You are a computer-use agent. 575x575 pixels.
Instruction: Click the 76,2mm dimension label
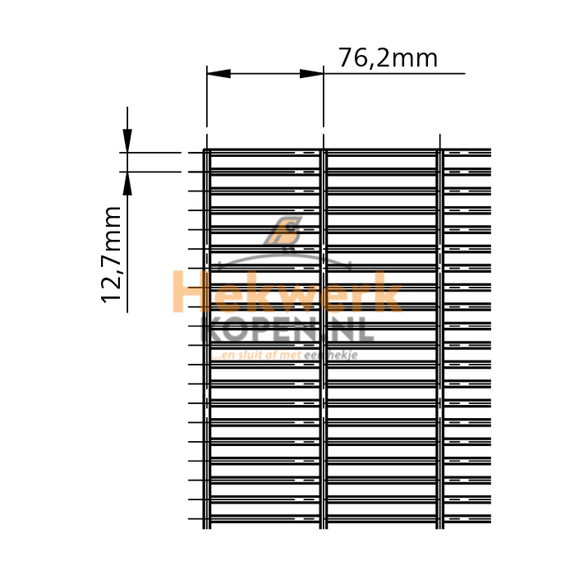click(x=388, y=58)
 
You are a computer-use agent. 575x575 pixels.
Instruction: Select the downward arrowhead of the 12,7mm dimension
click(x=126, y=140)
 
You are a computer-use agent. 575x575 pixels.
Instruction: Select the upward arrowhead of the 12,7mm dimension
click(x=126, y=182)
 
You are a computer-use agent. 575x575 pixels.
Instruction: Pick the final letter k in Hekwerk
click(x=388, y=293)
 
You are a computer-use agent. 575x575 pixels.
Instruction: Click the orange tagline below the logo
click(x=257, y=356)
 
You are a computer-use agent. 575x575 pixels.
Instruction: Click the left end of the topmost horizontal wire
click(x=189, y=153)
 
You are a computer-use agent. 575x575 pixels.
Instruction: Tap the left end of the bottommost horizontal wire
click(x=189, y=519)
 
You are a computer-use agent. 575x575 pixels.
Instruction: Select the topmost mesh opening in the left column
click(x=264, y=163)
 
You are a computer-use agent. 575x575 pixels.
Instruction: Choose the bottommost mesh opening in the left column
click(x=264, y=510)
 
